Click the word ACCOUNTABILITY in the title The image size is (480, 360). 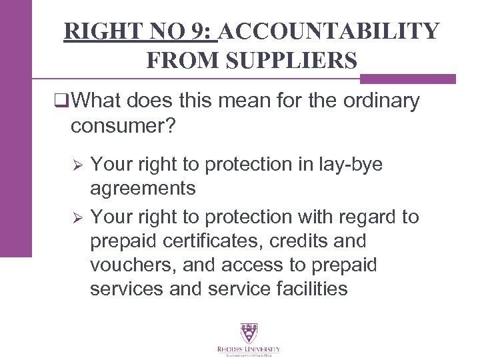click(329, 31)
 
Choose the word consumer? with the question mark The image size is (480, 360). click(123, 125)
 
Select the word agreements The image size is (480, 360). click(143, 189)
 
